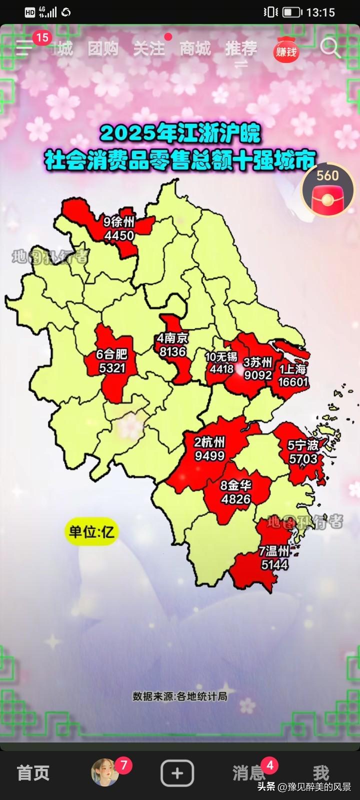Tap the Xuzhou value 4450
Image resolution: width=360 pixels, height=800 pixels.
pyautogui.click(x=119, y=235)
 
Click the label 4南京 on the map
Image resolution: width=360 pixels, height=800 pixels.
pyautogui.click(x=172, y=338)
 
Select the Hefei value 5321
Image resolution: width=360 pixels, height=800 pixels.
pyautogui.click(x=111, y=368)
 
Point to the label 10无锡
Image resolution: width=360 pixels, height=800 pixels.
pyautogui.click(x=221, y=356)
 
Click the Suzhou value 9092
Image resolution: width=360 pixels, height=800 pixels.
pyautogui.click(x=258, y=374)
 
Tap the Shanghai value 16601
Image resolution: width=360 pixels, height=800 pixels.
pyautogui.click(x=293, y=382)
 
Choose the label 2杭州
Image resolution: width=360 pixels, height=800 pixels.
pyautogui.click(x=209, y=442)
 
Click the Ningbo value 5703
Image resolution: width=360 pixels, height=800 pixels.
pyautogui.click(x=303, y=458)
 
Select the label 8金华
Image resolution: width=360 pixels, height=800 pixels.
pyautogui.click(x=236, y=485)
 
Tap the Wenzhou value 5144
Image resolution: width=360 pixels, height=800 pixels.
pyautogui.click(x=274, y=564)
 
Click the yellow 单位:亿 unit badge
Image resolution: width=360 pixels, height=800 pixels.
pyautogui.click(x=91, y=532)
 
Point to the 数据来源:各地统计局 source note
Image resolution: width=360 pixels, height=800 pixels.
pyautogui.click(x=179, y=696)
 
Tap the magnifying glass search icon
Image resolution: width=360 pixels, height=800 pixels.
pyautogui.click(x=330, y=48)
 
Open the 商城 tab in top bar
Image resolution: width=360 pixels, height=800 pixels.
pyautogui.click(x=195, y=48)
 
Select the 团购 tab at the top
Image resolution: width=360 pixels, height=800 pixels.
pyautogui.click(x=103, y=48)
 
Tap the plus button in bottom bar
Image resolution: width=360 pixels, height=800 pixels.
pyautogui.click(x=177, y=773)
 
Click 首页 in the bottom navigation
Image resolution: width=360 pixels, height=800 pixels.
pyautogui.click(x=33, y=773)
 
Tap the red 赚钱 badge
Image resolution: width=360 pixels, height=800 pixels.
pyautogui.click(x=286, y=50)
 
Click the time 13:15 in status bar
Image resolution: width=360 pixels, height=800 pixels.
pyautogui.click(x=320, y=12)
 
